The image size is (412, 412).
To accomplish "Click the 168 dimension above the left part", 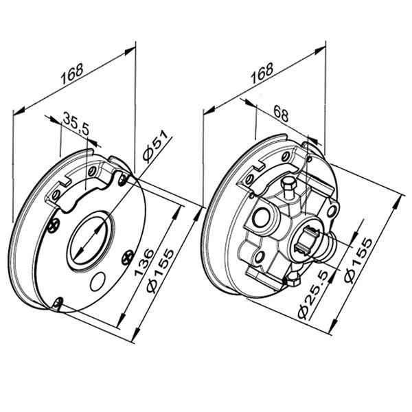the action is [x=72, y=73].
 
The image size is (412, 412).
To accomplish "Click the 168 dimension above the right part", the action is [x=262, y=73].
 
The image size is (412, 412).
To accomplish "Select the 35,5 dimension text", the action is [x=76, y=123].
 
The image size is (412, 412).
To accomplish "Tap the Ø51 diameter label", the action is [x=156, y=145].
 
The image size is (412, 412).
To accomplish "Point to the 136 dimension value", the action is [x=144, y=262].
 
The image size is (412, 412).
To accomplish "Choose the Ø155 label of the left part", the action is [x=160, y=271].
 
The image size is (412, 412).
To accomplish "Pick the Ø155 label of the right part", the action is [x=358, y=261].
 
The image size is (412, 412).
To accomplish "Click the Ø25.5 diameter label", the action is [x=314, y=295].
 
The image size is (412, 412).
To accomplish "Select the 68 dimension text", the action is [x=281, y=113].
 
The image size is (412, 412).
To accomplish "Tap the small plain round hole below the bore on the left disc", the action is [x=98, y=281].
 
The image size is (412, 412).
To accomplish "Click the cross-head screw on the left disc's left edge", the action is [x=54, y=225].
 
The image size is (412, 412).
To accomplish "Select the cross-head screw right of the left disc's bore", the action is [x=128, y=257].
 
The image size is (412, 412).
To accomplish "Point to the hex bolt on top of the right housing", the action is [x=288, y=187].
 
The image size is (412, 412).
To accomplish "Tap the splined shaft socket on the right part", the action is [x=308, y=242].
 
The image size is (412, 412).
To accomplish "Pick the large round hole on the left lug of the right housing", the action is [x=260, y=217].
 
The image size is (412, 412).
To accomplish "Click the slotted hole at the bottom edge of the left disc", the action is [x=58, y=303].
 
